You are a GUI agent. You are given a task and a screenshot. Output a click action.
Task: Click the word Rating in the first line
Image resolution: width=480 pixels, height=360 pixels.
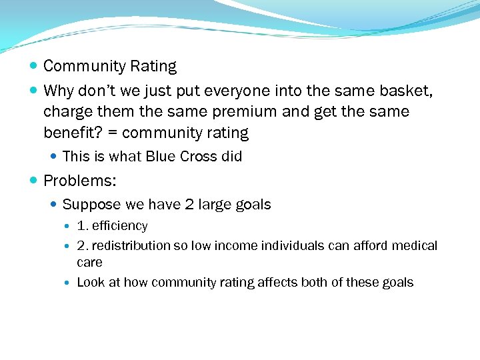click(154, 67)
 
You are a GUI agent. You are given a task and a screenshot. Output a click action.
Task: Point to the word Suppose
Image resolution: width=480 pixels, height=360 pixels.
click(88, 205)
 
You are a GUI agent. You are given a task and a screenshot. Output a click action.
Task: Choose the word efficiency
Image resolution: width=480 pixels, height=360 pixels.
click(120, 226)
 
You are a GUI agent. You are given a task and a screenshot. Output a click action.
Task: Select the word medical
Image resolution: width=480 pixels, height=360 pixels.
click(413, 246)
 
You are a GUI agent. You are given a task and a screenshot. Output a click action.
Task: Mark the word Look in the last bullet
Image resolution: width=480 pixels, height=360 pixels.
click(91, 283)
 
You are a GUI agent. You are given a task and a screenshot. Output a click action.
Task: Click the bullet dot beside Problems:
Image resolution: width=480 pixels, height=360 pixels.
click(34, 181)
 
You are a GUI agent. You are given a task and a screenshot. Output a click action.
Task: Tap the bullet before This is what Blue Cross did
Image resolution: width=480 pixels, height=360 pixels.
click(54, 157)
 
